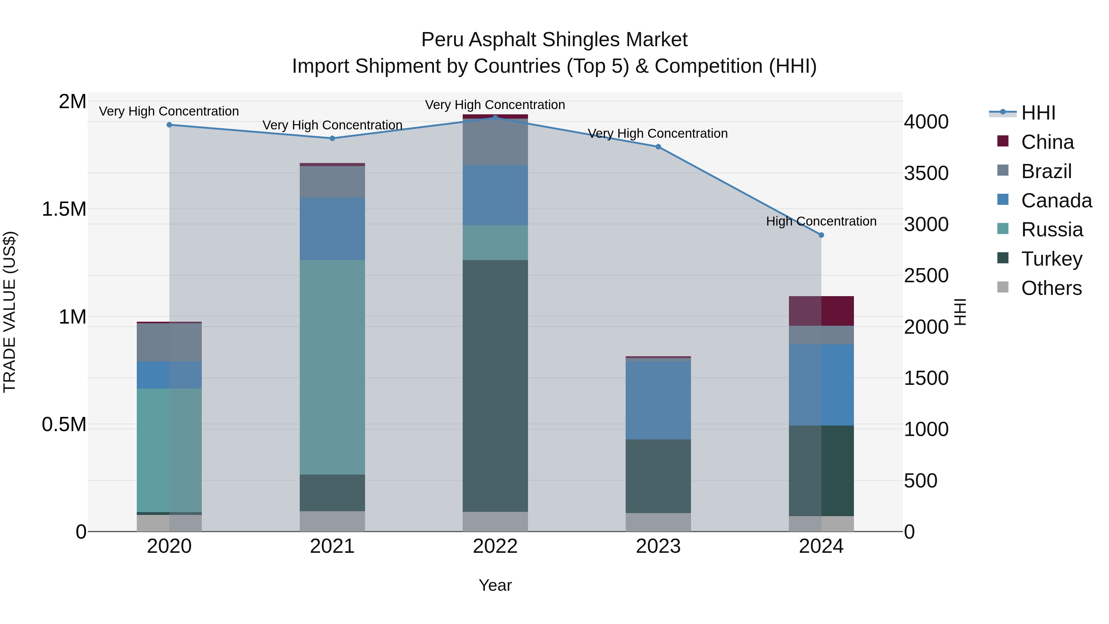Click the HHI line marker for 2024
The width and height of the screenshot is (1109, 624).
(x=821, y=235)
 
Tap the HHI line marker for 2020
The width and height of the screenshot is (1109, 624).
(x=169, y=125)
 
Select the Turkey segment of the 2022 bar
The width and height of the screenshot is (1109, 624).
(x=495, y=385)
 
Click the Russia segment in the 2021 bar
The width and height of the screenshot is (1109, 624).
(x=332, y=367)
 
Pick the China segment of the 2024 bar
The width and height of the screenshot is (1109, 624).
(x=821, y=311)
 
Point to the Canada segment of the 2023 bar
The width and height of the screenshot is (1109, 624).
(x=658, y=400)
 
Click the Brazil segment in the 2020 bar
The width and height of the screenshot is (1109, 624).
(x=169, y=342)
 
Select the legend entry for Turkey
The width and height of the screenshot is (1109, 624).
(x=1051, y=259)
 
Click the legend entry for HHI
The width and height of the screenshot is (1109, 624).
(x=1038, y=113)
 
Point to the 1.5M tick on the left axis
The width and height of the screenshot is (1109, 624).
(x=64, y=209)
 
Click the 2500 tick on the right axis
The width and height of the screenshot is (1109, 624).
(x=926, y=275)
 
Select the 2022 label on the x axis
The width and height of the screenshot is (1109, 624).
(x=495, y=546)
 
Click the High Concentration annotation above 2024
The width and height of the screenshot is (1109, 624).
(x=821, y=221)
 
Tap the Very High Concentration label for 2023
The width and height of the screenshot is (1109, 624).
(x=657, y=133)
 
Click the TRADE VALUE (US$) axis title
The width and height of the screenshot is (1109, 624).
(x=10, y=312)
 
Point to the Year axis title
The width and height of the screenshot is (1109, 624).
(x=495, y=585)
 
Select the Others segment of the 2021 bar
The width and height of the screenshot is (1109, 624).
(x=332, y=521)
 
